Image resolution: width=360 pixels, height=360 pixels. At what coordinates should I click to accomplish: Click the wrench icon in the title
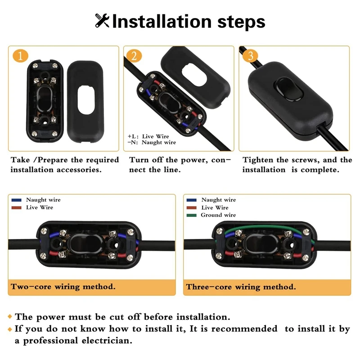pyautogui.click(x=102, y=21)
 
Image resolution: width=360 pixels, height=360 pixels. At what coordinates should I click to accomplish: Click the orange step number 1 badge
pyautogui.click(x=21, y=56)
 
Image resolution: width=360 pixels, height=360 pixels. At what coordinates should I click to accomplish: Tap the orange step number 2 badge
pyautogui.click(x=134, y=56)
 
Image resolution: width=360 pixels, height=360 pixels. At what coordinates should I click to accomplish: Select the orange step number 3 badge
pyautogui.click(x=251, y=56)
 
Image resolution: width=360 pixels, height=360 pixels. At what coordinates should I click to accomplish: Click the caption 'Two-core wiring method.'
pyautogui.click(x=63, y=286)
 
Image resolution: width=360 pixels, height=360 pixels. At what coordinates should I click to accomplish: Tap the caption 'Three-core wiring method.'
pyautogui.click(x=241, y=287)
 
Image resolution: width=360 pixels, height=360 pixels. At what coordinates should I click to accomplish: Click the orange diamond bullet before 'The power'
pyautogui.click(x=10, y=317)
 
